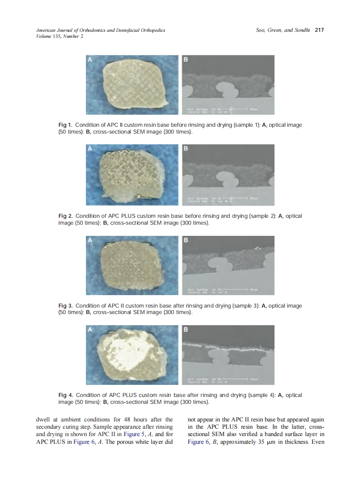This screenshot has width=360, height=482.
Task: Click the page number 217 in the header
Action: click(319, 30)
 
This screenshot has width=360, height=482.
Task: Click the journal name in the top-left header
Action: click(101, 31)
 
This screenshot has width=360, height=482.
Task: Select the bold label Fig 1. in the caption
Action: click(65, 125)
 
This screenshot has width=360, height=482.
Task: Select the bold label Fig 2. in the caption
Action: click(65, 216)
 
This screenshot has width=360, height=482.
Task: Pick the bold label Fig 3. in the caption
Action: click(65, 306)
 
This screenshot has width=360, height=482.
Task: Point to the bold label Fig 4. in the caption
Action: click(65, 395)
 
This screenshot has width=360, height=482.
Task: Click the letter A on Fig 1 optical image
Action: click(90, 60)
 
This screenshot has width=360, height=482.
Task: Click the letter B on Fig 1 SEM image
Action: click(186, 60)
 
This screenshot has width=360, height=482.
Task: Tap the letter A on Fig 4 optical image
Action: click(90, 330)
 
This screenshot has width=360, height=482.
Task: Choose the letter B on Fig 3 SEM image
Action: click(186, 240)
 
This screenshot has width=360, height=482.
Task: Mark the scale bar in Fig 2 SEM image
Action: click(232, 198)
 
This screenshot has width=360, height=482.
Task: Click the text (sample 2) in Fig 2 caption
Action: click(262, 216)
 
